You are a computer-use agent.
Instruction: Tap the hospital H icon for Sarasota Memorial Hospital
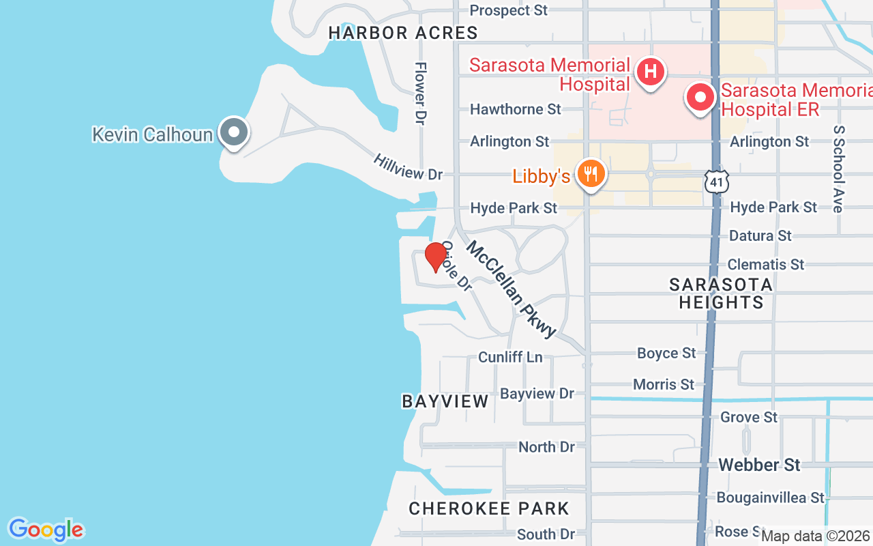point(650,71)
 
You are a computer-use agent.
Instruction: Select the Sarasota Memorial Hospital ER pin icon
point(700,97)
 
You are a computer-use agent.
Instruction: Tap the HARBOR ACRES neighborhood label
point(403,33)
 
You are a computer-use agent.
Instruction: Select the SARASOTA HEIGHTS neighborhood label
point(721,293)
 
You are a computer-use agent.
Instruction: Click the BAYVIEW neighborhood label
point(445,401)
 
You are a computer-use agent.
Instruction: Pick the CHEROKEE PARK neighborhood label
point(488,508)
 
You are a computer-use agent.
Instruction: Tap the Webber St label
point(759,465)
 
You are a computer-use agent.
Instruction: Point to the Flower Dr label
point(421,93)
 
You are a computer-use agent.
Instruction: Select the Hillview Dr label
point(408,167)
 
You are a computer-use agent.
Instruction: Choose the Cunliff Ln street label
point(510,357)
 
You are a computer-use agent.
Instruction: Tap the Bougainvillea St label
point(770,498)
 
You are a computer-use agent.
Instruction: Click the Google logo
point(46,530)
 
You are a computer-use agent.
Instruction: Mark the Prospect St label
point(509,10)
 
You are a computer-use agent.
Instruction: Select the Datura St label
point(760,235)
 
